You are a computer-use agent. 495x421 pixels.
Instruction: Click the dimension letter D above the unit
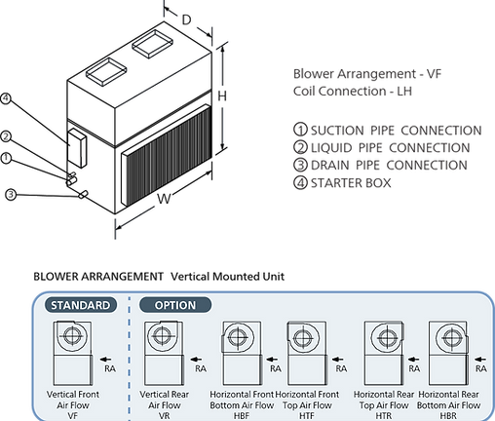pyautogui.click(x=186, y=20)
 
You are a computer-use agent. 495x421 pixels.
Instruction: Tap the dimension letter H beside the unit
pyautogui.click(x=222, y=96)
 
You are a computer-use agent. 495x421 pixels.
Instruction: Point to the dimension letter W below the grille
pyautogui.click(x=164, y=199)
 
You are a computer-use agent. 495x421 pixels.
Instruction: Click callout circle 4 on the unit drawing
pyautogui.click(x=6, y=98)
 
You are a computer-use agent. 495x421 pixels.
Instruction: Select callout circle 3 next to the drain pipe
pyautogui.click(x=11, y=195)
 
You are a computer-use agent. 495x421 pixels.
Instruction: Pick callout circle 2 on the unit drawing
pyautogui.click(x=6, y=136)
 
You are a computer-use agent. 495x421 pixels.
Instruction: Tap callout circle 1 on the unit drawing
pyautogui.click(x=6, y=158)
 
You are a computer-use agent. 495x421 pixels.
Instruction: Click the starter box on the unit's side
pyautogui.click(x=77, y=148)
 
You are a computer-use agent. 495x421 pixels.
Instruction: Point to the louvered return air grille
pyautogui.click(x=167, y=155)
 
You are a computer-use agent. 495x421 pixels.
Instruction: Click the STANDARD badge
pyautogui.click(x=81, y=305)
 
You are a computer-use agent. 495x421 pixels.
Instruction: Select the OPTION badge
pyautogui.click(x=175, y=305)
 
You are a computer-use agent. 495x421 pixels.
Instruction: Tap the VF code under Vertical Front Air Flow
pyautogui.click(x=73, y=416)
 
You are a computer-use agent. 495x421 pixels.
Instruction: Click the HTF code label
pyautogui.click(x=307, y=416)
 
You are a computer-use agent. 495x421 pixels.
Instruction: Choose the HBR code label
pyautogui.click(x=448, y=416)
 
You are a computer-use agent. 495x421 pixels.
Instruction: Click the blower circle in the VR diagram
pyautogui.click(x=162, y=335)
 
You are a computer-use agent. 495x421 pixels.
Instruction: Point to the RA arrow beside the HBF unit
pyautogui.click(x=272, y=360)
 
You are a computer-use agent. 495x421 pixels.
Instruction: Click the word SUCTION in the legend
pyautogui.click(x=337, y=131)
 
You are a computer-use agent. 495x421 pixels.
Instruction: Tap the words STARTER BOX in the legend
pyautogui.click(x=351, y=183)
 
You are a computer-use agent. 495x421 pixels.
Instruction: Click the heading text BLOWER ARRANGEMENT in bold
pyautogui.click(x=98, y=277)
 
